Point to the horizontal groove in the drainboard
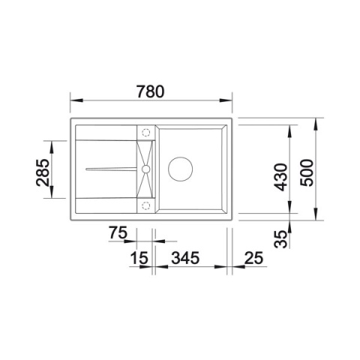click(111, 169)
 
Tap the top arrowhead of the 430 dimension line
click(290, 128)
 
